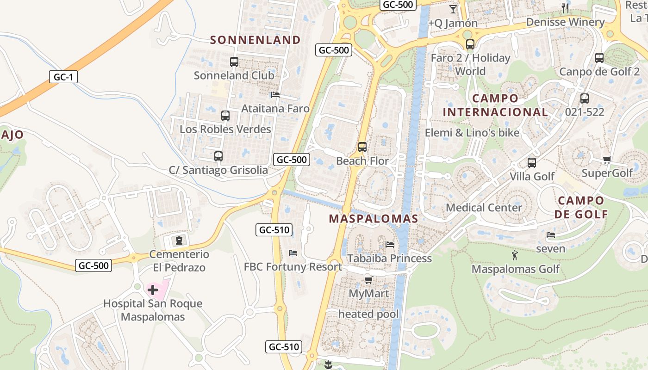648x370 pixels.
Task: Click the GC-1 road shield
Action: pos(63,77)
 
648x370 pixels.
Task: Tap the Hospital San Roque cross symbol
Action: pos(153,290)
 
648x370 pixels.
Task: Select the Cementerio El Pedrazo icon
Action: pos(179,240)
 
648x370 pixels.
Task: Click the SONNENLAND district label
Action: pos(255,40)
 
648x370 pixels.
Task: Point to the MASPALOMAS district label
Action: pos(374,219)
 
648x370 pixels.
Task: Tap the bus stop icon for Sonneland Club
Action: pos(234,62)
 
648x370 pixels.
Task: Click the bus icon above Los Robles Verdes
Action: pos(225,116)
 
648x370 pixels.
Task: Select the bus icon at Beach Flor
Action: pos(362,147)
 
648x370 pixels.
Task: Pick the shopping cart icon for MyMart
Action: pos(369,280)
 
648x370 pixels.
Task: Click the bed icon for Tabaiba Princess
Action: pos(390,244)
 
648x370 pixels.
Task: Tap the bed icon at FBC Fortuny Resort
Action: pos(293,253)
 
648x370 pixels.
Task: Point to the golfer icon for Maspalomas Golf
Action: pos(515,255)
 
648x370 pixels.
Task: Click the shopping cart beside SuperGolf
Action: pos(607,160)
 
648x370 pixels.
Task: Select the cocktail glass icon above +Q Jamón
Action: pos(453,9)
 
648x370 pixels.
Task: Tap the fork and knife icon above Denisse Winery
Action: pos(565,8)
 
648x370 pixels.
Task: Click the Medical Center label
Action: pos(484,208)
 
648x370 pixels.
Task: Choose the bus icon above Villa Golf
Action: pos(532,163)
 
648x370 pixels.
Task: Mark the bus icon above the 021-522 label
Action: pos(585,99)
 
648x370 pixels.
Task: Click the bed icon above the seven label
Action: pos(551,235)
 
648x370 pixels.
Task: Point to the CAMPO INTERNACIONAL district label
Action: pos(495,105)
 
